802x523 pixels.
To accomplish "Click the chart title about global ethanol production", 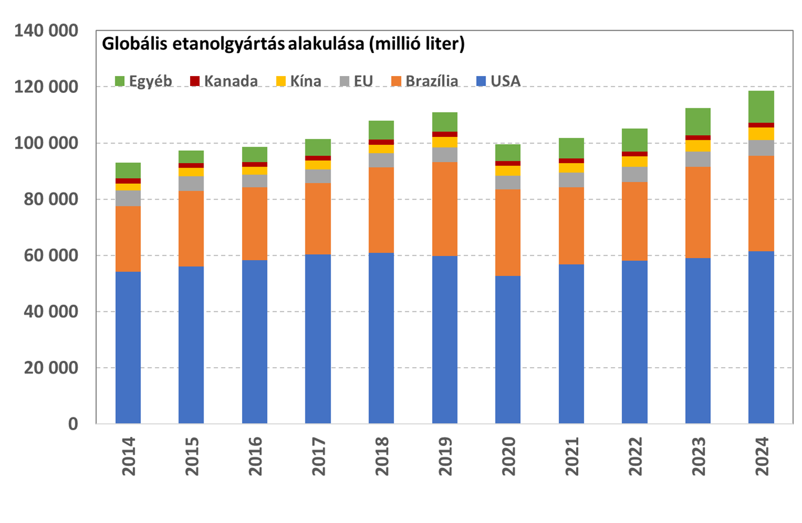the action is pyautogui.click(x=283, y=44).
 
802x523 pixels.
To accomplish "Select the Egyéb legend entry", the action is pyautogui.click(x=144, y=81).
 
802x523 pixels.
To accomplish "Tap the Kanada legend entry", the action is pyautogui.click(x=224, y=81).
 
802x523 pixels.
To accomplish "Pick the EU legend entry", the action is pyautogui.click(x=357, y=81).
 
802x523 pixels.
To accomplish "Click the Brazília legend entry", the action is pyautogui.click(x=425, y=81).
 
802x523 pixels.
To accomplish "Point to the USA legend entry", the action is pyautogui.click(x=499, y=81).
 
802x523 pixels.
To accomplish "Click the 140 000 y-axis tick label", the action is pyautogui.click(x=46, y=31).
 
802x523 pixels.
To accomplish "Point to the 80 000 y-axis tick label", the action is pyautogui.click(x=51, y=199).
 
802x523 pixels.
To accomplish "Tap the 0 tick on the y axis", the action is pyautogui.click(x=73, y=424).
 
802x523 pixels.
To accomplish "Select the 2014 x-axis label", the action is pyautogui.click(x=129, y=456).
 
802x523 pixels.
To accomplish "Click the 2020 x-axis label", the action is pyautogui.click(x=508, y=456).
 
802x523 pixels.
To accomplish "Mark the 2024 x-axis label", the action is pyautogui.click(x=762, y=456).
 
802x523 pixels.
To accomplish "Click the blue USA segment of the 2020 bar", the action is pyautogui.click(x=508, y=350).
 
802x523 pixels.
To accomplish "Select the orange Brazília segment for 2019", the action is pyautogui.click(x=445, y=209).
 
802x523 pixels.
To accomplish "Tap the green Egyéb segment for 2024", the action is pyautogui.click(x=761, y=107).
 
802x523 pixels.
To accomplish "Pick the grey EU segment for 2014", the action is pyautogui.click(x=128, y=198).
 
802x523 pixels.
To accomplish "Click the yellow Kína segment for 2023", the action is pyautogui.click(x=698, y=146).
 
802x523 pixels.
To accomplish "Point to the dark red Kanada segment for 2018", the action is pyautogui.click(x=381, y=142).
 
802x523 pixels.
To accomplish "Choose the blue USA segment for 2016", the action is pyautogui.click(x=254, y=342).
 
